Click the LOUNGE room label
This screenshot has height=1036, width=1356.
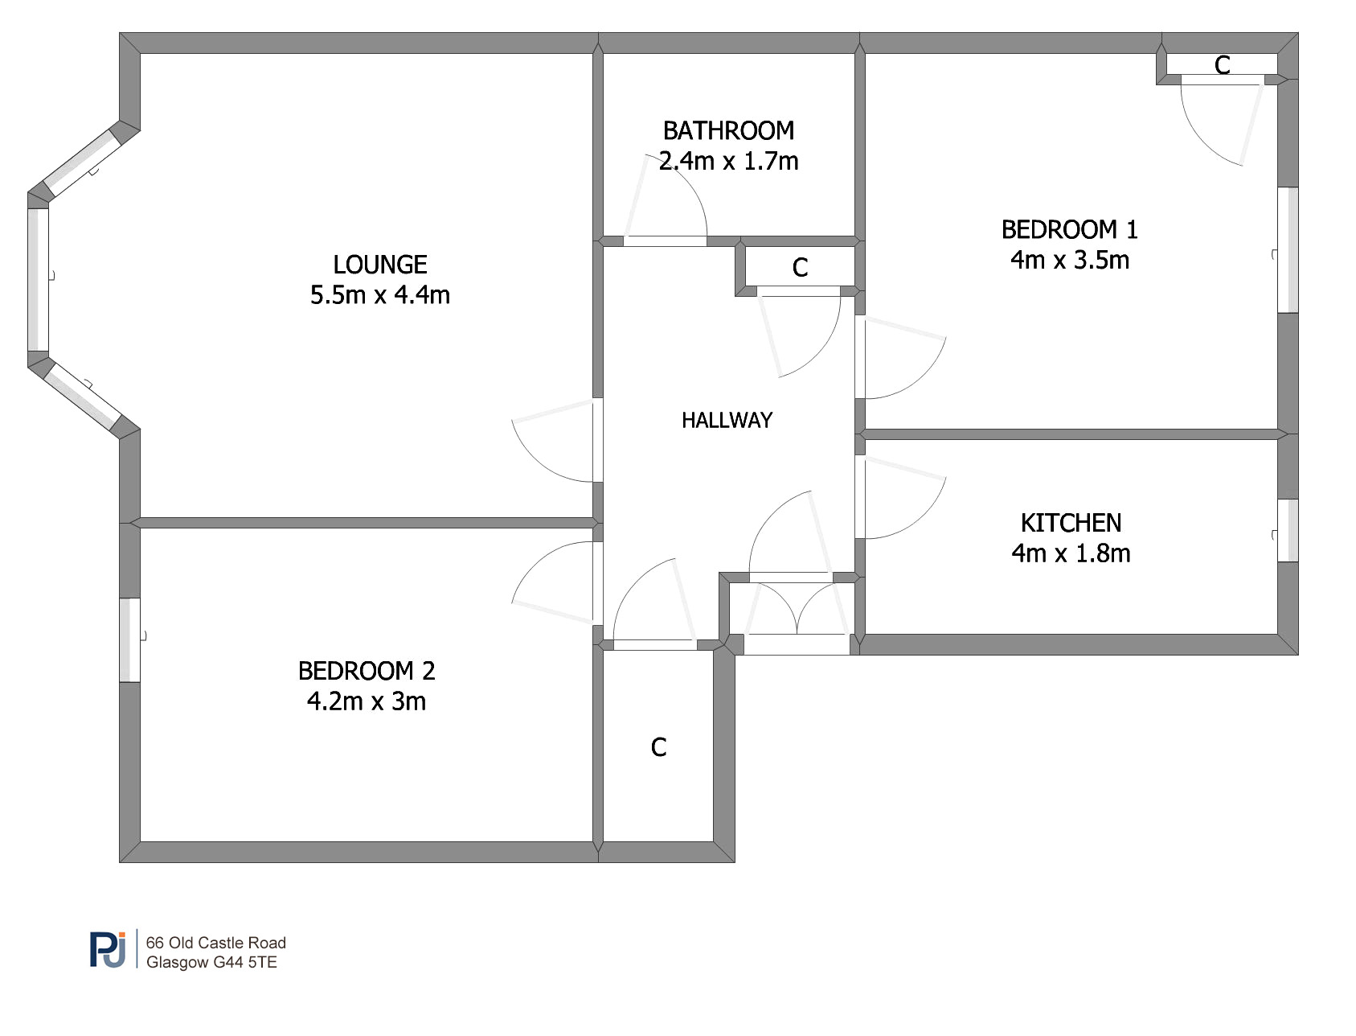[x=380, y=265]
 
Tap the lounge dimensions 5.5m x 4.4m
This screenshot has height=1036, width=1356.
[x=380, y=295]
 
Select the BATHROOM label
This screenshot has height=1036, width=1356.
[x=728, y=130]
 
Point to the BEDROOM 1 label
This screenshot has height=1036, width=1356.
[x=1070, y=230]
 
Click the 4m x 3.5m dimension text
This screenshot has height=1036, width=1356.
[x=1070, y=261]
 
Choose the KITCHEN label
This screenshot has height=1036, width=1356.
[x=1071, y=523]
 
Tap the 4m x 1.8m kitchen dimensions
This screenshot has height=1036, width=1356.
[x=1071, y=553]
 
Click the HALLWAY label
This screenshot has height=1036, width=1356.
[x=727, y=420]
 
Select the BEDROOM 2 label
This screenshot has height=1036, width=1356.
[x=367, y=671]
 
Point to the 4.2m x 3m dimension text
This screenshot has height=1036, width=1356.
[x=367, y=701]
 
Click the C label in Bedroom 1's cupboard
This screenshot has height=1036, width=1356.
[x=1223, y=65]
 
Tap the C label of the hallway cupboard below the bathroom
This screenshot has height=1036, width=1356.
[x=800, y=268]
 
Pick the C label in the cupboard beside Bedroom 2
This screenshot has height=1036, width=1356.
[x=658, y=747]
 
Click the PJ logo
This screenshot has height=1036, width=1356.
[x=109, y=949]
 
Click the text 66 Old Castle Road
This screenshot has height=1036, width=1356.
[x=215, y=943]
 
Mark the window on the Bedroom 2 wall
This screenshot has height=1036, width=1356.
[x=129, y=639]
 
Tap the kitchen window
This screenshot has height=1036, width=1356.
[x=1288, y=530]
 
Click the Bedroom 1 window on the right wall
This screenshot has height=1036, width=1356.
[x=1288, y=250]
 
